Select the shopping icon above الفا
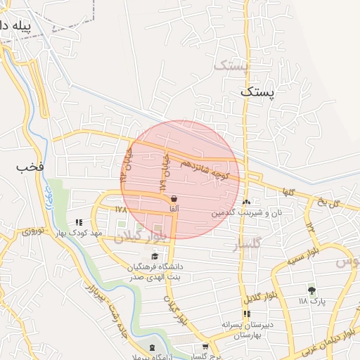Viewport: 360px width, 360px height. click(x=173, y=199)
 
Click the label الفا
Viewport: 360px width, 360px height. click(x=173, y=209)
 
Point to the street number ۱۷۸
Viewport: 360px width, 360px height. click(x=121, y=210)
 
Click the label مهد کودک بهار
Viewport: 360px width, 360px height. click(x=81, y=233)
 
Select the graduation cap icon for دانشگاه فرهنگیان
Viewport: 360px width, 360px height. click(x=155, y=255)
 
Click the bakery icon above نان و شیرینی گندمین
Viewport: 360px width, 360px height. click(x=247, y=202)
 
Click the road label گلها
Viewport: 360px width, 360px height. click(x=288, y=192)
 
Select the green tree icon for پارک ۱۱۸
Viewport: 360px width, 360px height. click(x=311, y=290)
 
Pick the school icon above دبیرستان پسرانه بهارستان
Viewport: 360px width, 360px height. click(x=247, y=314)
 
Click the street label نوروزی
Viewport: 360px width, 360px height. click(x=32, y=230)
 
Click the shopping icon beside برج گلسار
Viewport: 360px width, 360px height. click(x=205, y=346)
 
